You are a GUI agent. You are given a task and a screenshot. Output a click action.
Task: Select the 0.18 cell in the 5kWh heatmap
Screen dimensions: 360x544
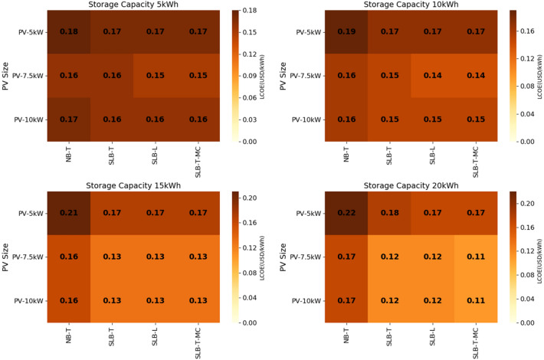pyautogui.click(x=69, y=33)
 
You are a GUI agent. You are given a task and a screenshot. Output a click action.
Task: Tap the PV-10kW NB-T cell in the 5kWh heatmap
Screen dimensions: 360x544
pyautogui.click(x=69, y=119)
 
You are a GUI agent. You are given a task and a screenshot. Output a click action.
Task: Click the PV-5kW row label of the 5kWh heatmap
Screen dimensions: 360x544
pyautogui.click(x=31, y=33)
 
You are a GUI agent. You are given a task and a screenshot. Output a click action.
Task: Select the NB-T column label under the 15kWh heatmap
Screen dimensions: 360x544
pyautogui.click(x=69, y=334)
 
